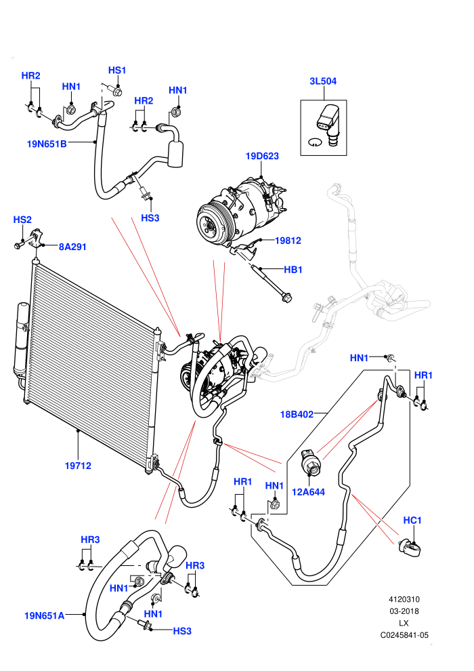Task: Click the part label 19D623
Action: click(x=262, y=156)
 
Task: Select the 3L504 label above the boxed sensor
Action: click(x=323, y=81)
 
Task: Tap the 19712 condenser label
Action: click(x=79, y=466)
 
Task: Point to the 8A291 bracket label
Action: click(x=72, y=247)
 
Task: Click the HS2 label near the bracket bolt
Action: click(x=22, y=220)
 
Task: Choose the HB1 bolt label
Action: click(x=293, y=270)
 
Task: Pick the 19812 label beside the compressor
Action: click(x=288, y=241)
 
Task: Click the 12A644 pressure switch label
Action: click(x=308, y=492)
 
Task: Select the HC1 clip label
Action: click(x=412, y=521)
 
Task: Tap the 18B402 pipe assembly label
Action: click(x=297, y=414)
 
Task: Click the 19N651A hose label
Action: click(x=45, y=616)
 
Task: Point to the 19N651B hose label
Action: click(x=47, y=144)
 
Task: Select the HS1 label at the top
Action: click(x=117, y=70)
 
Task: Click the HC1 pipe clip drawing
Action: click(x=411, y=548)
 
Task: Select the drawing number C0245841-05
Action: click(x=404, y=636)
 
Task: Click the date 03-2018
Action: click(x=404, y=611)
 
